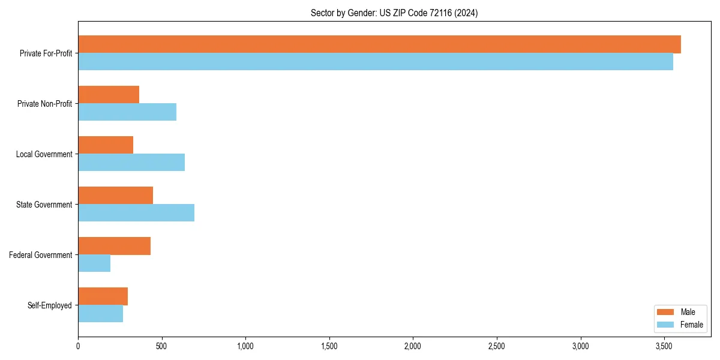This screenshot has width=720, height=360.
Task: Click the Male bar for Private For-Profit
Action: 379,44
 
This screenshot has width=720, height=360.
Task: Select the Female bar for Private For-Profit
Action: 376,62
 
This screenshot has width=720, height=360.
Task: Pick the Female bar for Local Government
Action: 131,163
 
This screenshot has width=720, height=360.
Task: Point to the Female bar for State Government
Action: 136,213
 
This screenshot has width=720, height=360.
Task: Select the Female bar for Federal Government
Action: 94,263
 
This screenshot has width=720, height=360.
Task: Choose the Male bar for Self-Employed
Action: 103,296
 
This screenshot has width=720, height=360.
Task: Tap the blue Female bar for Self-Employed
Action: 100,314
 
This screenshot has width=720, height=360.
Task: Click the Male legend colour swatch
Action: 666,312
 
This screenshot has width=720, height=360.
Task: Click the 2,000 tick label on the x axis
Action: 413,346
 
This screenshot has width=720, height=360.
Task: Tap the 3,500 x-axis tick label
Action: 664,346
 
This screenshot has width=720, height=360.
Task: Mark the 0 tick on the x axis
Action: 78,346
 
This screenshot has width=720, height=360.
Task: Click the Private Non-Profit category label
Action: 44,104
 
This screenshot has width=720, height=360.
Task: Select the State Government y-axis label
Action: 44,205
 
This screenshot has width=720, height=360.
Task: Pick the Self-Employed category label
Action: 50,305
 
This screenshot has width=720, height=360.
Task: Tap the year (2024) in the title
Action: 467,13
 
